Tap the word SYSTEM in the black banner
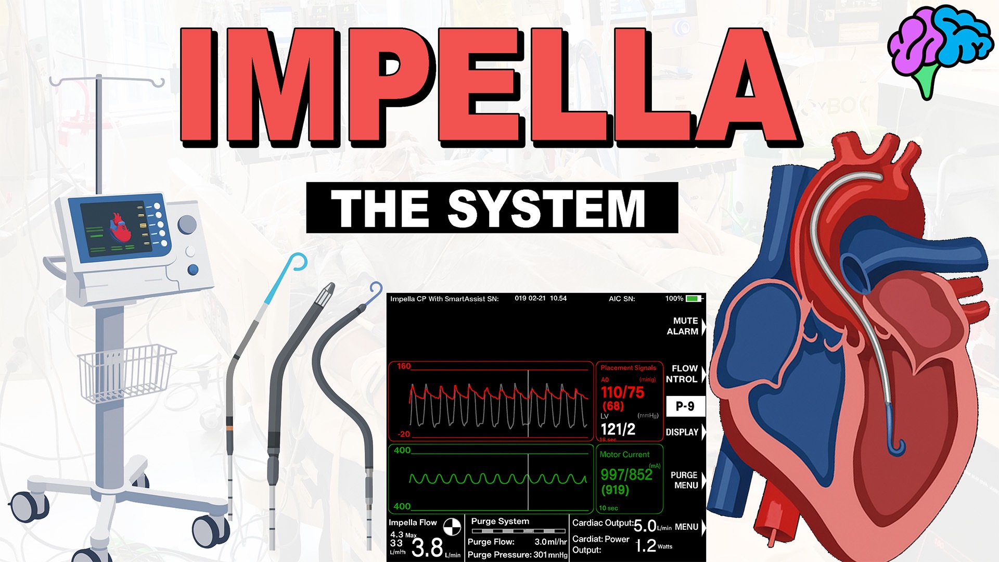(546, 208)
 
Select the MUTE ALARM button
(683, 326)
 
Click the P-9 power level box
(685, 406)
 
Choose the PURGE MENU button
(685, 480)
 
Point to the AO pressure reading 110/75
(622, 392)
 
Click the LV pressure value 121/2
(618, 429)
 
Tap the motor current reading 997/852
(626, 475)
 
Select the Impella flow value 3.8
(427, 547)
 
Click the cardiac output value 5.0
(645, 526)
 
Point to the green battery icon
(693, 299)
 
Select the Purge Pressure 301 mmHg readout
(517, 555)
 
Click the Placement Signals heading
(628, 368)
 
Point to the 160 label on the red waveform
(404, 366)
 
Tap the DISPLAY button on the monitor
(682, 432)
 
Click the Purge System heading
(500, 521)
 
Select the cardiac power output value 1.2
(646, 546)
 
